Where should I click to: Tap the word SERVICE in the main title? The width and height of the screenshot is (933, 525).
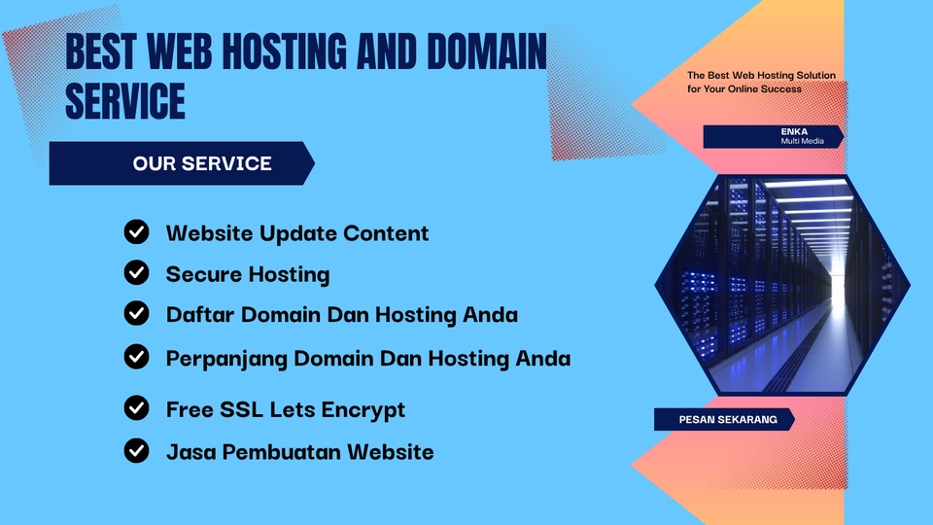[x=124, y=100]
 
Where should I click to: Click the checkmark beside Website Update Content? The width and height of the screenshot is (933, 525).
[x=137, y=232]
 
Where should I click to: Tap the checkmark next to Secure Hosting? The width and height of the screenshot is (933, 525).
[x=137, y=273]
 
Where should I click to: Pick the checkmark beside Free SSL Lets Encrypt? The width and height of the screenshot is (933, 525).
[x=137, y=408]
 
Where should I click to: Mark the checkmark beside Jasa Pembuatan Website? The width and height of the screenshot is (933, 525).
[x=137, y=450]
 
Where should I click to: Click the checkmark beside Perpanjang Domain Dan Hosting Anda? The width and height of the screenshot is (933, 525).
[x=137, y=357]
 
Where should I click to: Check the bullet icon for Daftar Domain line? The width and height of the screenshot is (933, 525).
[x=137, y=313]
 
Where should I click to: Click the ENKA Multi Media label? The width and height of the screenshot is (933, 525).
[x=773, y=136]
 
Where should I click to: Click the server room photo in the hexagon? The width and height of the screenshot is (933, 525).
[x=782, y=284]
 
